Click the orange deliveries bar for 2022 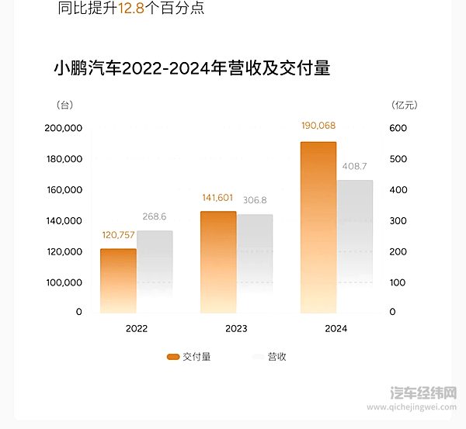(x=118, y=281)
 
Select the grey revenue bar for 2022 (x=155, y=272)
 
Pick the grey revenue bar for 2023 (x=255, y=264)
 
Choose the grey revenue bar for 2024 (x=355, y=246)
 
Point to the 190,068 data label (x=318, y=126)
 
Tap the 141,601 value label (x=217, y=198)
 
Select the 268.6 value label (x=154, y=218)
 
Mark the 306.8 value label (x=254, y=201)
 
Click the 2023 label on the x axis (x=236, y=329)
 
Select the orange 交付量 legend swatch (x=173, y=357)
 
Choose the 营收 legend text (x=276, y=357)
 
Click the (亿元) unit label (x=405, y=104)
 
